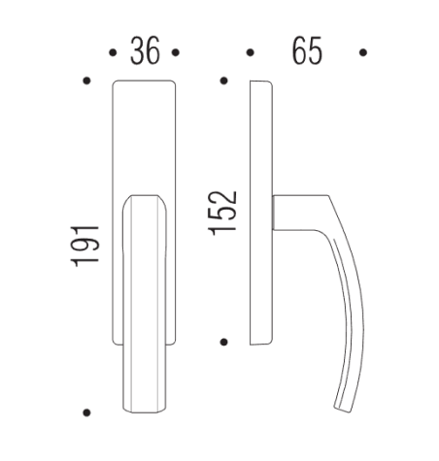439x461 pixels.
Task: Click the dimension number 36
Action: click(146, 51)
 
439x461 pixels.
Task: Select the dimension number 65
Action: click(306, 51)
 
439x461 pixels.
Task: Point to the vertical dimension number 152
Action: click(223, 212)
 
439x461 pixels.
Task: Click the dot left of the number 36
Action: click(114, 52)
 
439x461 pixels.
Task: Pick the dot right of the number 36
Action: click(178, 52)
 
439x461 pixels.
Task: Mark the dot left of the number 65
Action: click(251, 52)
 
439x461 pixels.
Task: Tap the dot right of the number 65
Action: click(363, 52)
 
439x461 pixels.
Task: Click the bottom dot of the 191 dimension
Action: click(87, 412)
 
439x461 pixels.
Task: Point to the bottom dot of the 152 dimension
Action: click(224, 342)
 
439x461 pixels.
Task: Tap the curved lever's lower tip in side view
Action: click(341, 407)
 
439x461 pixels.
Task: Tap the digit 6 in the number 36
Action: click(153, 51)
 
